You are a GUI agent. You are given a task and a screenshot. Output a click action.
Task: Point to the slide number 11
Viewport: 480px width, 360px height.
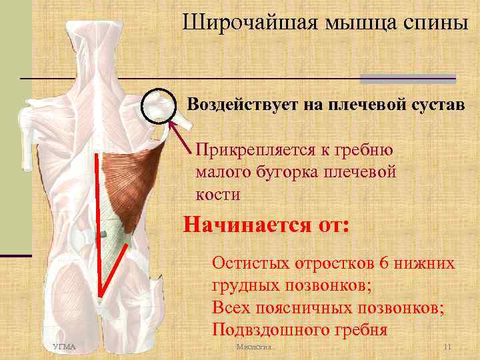[x=447, y=347]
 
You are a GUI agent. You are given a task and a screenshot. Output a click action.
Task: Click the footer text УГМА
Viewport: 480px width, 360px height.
[x=64, y=347]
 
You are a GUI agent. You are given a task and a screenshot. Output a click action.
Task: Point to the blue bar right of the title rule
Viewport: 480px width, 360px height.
[x=407, y=79]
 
